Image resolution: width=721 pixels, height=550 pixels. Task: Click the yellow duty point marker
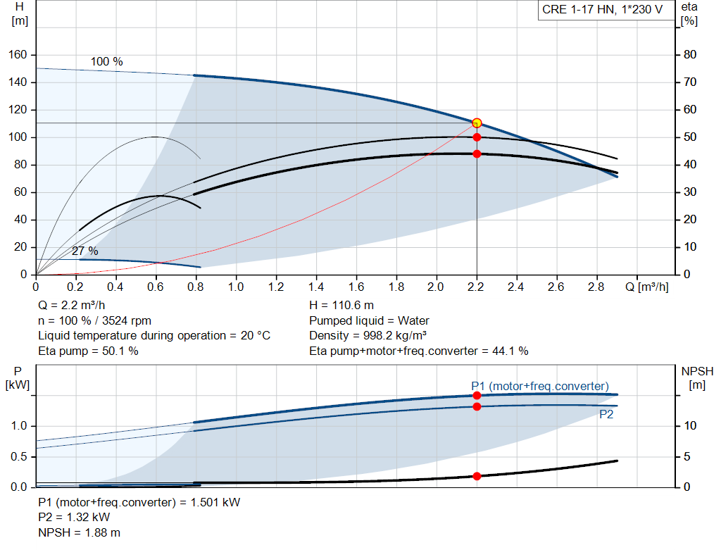point(477,123)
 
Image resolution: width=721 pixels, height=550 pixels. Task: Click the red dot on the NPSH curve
point(477,476)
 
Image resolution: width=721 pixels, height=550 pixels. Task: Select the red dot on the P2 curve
point(477,406)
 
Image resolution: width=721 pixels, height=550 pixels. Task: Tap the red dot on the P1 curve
point(477,396)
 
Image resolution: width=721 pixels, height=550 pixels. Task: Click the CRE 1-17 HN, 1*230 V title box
point(603,10)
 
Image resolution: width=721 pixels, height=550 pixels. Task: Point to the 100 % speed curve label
point(107,62)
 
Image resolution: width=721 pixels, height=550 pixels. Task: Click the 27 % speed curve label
point(85,251)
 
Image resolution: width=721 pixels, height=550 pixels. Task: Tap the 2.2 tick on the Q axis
point(476,287)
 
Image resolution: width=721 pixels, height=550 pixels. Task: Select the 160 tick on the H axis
point(18,55)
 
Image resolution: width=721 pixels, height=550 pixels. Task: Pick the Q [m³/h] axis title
point(647,287)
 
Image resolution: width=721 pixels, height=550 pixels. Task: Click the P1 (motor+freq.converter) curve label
point(540,386)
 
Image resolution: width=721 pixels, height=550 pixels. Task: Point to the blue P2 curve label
point(606,415)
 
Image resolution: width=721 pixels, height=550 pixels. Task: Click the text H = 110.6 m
point(341,306)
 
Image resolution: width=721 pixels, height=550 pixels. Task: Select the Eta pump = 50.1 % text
point(88,351)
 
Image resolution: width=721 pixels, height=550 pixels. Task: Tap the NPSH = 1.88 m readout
point(79,532)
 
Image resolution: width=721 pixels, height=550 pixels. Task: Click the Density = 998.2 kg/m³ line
point(368,336)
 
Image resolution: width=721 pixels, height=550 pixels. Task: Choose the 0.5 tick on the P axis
point(19,456)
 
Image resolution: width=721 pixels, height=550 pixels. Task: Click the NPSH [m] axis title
point(697,378)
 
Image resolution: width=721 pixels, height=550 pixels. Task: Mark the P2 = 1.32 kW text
point(74,518)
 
